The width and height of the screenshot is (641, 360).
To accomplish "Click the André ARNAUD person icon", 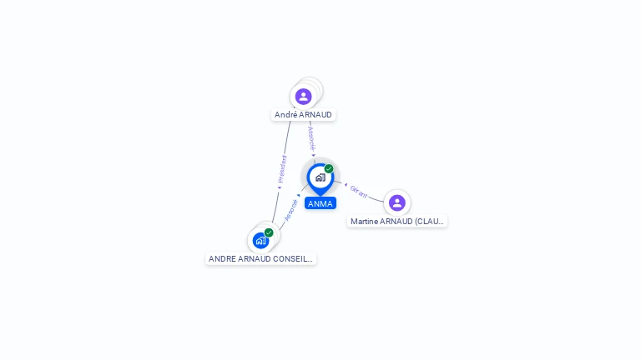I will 303,96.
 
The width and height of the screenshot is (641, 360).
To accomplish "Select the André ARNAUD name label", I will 303,115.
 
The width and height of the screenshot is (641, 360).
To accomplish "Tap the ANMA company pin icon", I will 320,177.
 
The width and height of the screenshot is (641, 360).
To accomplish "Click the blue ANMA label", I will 320,203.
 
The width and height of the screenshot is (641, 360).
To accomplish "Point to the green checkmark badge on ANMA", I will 329,168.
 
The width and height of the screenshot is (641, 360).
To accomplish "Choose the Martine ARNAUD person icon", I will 396,202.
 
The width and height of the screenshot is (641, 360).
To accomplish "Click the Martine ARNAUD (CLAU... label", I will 397,222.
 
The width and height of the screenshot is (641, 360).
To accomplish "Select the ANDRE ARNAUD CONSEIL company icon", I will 261,241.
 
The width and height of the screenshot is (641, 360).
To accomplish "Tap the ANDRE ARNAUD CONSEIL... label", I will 260,259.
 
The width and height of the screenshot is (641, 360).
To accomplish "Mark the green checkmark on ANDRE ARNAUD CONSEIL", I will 269,232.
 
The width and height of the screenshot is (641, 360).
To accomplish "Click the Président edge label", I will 282,168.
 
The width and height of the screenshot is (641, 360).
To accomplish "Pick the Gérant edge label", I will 359,192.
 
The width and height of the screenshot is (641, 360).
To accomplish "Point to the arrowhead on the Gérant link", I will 346,185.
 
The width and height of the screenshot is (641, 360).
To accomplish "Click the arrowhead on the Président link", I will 280,187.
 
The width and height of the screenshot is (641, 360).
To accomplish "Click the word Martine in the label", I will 364,222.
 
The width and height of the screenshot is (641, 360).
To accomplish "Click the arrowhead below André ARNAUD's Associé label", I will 314,155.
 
